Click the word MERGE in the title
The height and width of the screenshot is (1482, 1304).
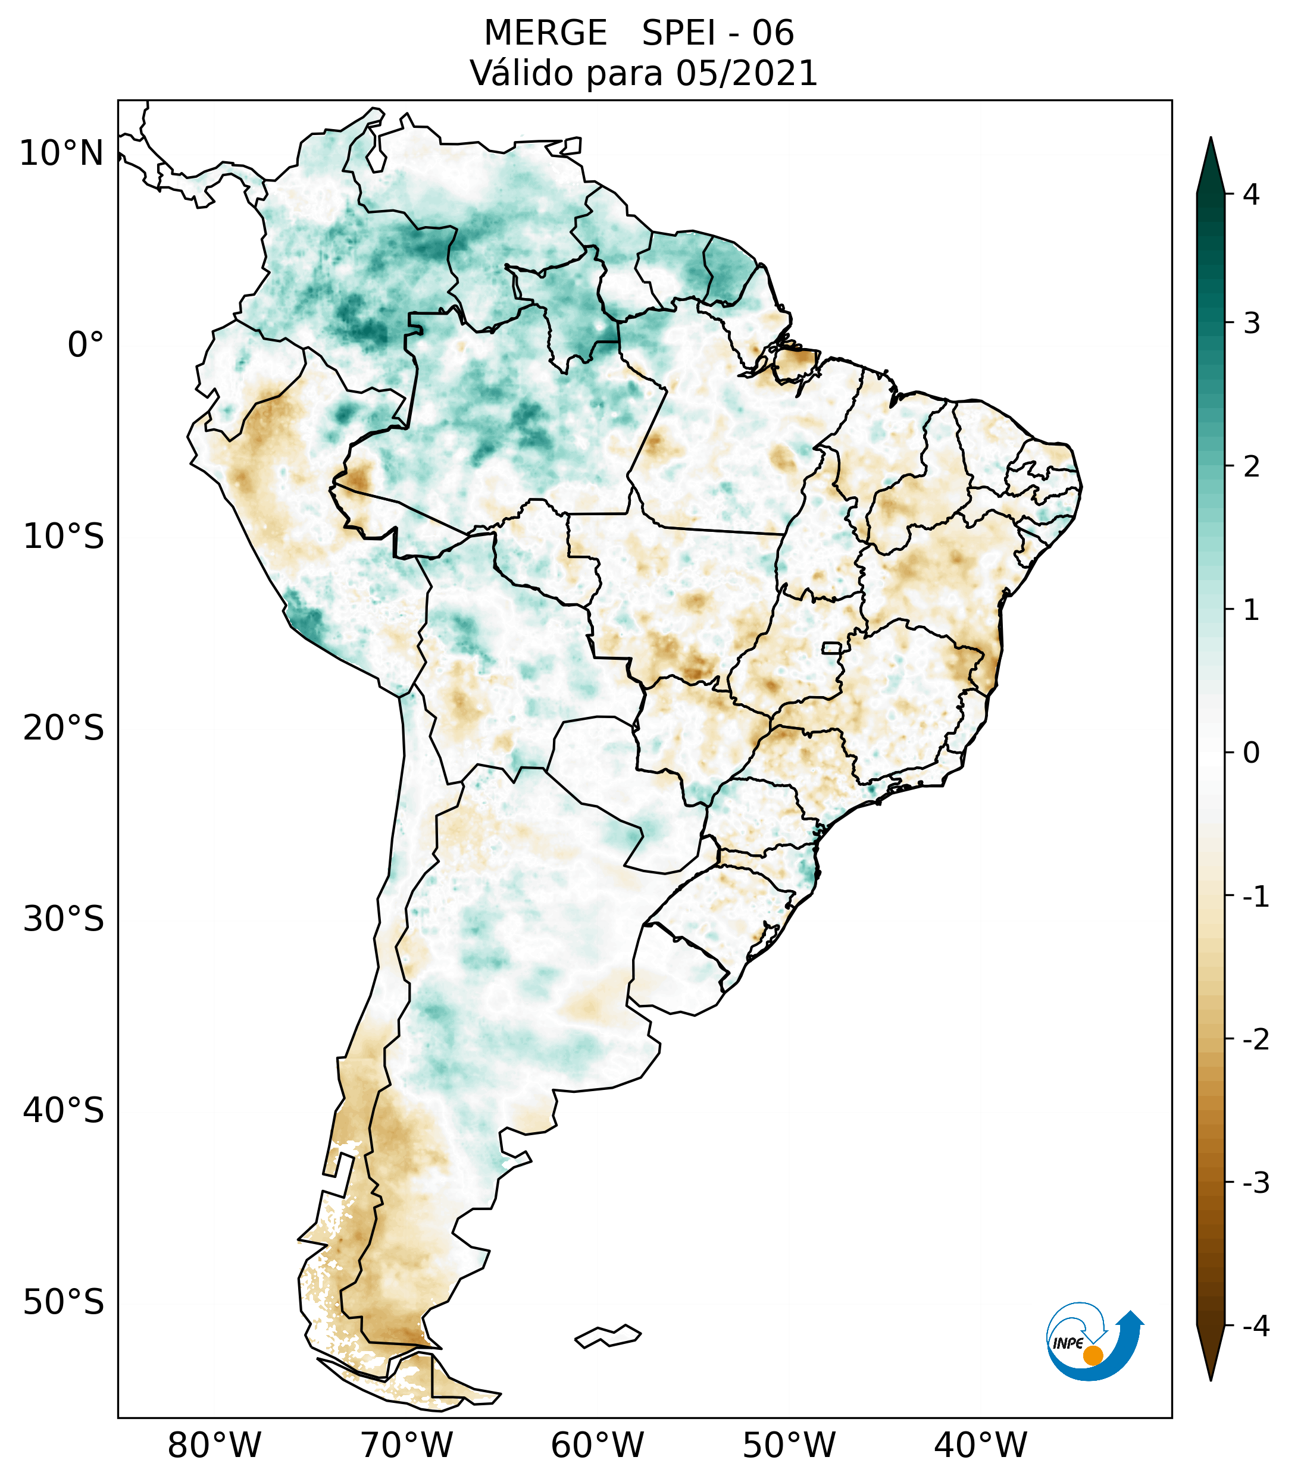coord(545,33)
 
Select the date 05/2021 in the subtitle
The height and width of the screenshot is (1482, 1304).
coord(746,73)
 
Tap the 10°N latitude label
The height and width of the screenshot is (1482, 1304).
coord(61,153)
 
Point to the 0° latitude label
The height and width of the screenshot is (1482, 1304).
coord(85,345)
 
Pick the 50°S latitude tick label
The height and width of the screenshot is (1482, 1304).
coord(64,1302)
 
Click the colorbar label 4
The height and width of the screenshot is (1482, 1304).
coord(1251,195)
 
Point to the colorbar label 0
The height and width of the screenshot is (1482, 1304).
coord(1251,753)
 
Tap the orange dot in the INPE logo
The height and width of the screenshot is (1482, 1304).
coord(1093,1355)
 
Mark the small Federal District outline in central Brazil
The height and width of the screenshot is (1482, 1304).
coord(832,647)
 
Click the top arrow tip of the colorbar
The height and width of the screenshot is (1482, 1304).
coord(1211,140)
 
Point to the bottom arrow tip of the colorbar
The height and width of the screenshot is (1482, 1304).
coord(1211,1379)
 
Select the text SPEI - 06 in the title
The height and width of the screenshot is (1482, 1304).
coord(718,33)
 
